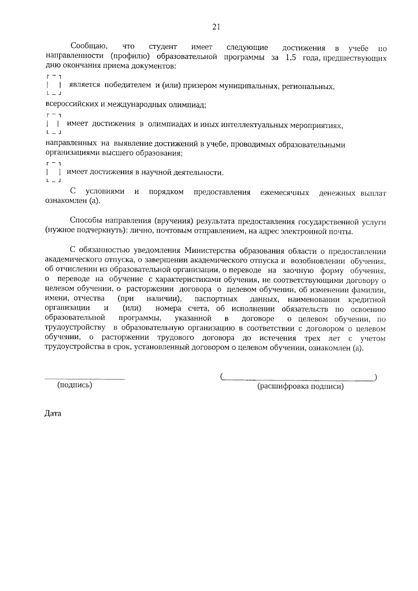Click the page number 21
[216, 27]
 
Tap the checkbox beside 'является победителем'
[54, 85]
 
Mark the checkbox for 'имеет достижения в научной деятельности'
[54, 172]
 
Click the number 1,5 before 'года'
[291, 58]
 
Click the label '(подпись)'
[75, 385]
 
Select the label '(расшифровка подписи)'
[300, 386]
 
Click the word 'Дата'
[53, 414]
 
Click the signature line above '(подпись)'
[85, 378]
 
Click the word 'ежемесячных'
[285, 193]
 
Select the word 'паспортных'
[216, 299]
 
